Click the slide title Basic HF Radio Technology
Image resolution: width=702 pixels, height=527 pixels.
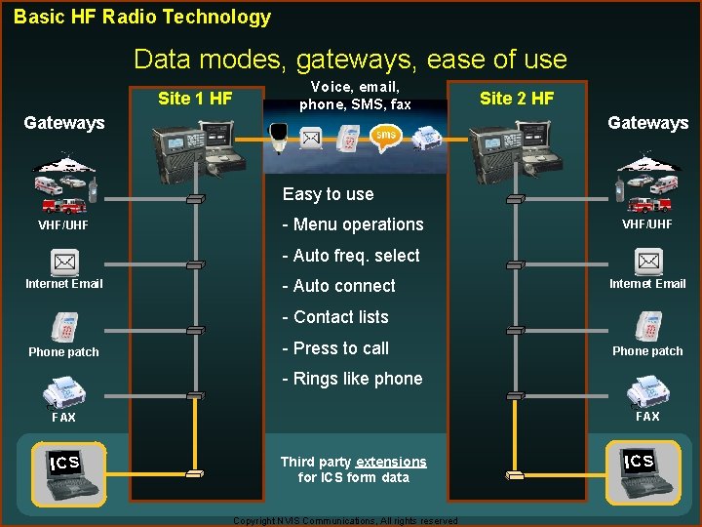[x=142, y=17]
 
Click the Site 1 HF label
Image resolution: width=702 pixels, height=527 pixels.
[x=195, y=98]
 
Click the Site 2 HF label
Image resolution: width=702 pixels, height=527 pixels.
[x=517, y=98]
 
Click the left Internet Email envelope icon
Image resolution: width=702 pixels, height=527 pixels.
[x=64, y=262]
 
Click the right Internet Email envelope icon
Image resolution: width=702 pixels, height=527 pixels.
[x=648, y=262]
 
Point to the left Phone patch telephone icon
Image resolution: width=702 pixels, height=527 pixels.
[x=64, y=326]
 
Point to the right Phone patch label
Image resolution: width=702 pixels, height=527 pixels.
[x=647, y=351]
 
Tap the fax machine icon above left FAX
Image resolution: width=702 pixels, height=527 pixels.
[x=64, y=392]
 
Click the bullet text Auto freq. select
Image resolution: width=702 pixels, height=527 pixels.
[x=351, y=256]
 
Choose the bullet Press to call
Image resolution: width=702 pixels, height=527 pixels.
[x=335, y=348]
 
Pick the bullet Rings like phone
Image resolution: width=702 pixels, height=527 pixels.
[x=352, y=379]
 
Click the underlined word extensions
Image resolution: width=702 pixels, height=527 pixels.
[x=391, y=462]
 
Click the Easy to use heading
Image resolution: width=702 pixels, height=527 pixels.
[x=328, y=194]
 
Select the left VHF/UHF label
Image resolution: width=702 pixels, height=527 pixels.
[x=63, y=225]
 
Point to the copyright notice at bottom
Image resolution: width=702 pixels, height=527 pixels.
[x=345, y=521]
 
